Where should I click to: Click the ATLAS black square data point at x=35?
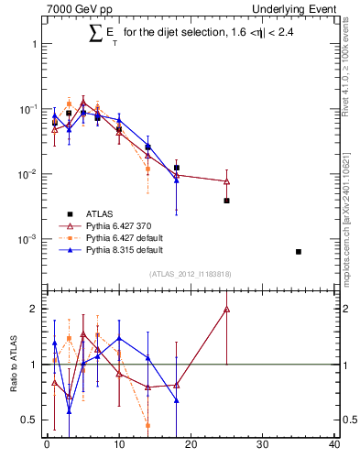tap(299, 251)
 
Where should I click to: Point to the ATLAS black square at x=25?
tap(226, 200)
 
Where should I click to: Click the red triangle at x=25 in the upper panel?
tap(226, 181)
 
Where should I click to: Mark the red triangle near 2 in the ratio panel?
tap(226, 310)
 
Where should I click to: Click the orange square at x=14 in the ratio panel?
tap(147, 425)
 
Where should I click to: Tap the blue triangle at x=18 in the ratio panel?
tap(176, 400)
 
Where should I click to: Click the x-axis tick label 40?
tap(333, 446)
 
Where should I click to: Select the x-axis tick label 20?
tap(190, 446)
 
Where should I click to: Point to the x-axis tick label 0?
tap(47, 446)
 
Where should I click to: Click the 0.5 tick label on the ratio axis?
tap(31, 420)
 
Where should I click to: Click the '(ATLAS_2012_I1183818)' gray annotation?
tap(190, 274)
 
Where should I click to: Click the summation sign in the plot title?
tap(94, 34)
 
